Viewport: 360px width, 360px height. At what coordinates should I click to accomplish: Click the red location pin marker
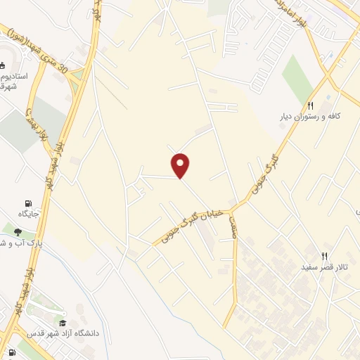coord(181,165)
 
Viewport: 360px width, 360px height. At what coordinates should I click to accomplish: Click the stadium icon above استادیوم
coord(4,65)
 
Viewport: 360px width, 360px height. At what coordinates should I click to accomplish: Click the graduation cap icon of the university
coord(63,322)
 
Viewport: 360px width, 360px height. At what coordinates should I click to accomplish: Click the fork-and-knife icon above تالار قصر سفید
coord(324,256)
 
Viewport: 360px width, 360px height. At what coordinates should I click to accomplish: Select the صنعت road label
coord(232,226)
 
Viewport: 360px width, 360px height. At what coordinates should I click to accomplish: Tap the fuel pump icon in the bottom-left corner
coord(12,353)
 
